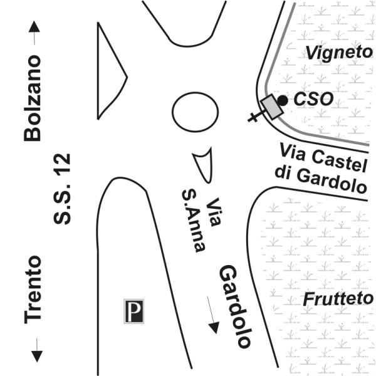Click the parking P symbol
tap(133, 311)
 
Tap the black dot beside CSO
tap(283, 100)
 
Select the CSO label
tap(313, 100)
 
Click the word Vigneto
tap(339, 53)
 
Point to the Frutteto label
tap(338, 299)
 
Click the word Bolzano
tap(33, 98)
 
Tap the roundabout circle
tap(196, 113)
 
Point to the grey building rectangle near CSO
tap(271, 107)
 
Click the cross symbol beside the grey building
tap(254, 116)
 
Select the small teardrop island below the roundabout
tap(203, 164)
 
